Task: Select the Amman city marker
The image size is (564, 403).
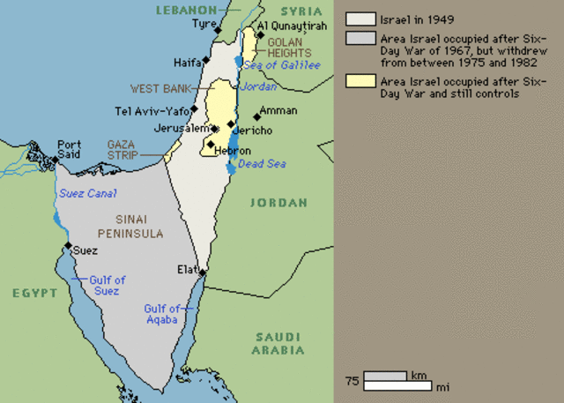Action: pos(257,116)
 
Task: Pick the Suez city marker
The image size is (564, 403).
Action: pos(68,246)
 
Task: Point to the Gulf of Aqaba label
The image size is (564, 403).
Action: pos(162,314)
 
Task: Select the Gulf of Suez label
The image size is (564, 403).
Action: pos(108,286)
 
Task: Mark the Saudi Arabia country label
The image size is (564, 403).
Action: pos(278,343)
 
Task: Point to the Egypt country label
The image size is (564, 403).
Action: pos(30,291)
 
